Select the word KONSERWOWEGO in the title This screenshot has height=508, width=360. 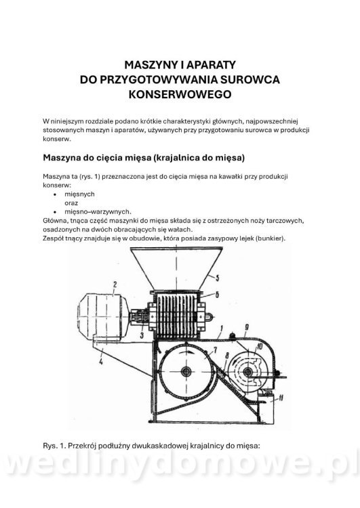(x=180, y=94)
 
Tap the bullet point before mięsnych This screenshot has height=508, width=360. (x=56, y=193)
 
